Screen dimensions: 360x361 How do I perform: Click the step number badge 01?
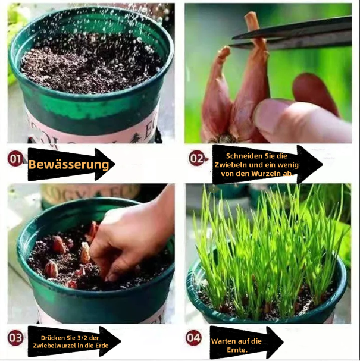(15, 159)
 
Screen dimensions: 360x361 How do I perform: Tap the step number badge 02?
(197, 158)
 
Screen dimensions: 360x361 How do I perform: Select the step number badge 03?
(15, 338)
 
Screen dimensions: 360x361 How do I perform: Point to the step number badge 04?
(193, 338)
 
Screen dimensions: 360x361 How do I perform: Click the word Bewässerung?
(68, 165)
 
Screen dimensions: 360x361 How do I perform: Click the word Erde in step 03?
(102, 346)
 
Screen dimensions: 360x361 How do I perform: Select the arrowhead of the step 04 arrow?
(275, 343)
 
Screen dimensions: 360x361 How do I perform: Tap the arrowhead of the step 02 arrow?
(310, 164)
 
